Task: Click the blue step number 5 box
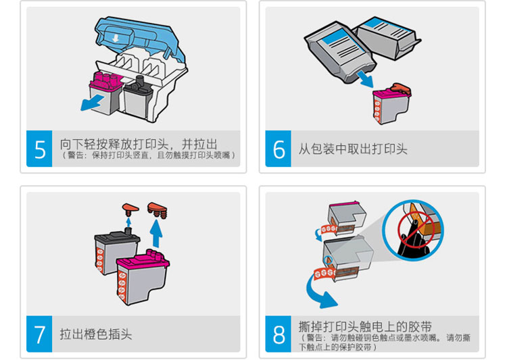pyautogui.click(x=39, y=149)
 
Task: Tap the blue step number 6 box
pyautogui.click(x=278, y=149)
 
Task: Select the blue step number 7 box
pyautogui.click(x=39, y=334)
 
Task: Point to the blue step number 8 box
pyautogui.click(x=278, y=334)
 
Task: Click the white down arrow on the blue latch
pyautogui.click(x=116, y=38)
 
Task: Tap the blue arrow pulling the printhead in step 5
pyautogui.click(x=92, y=103)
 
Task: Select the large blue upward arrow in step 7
pyautogui.click(x=157, y=233)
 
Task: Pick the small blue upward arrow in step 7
pyautogui.click(x=128, y=222)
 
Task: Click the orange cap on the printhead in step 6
pyautogui.click(x=400, y=89)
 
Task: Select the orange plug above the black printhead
pyautogui.click(x=130, y=209)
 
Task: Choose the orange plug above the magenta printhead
pyautogui.click(x=158, y=209)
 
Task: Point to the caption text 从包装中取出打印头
pyautogui.click(x=352, y=149)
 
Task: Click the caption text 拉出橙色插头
pyautogui.click(x=96, y=334)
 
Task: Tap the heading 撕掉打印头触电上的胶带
pyautogui.click(x=365, y=326)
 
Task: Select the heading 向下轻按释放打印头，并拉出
pyautogui.click(x=139, y=144)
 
